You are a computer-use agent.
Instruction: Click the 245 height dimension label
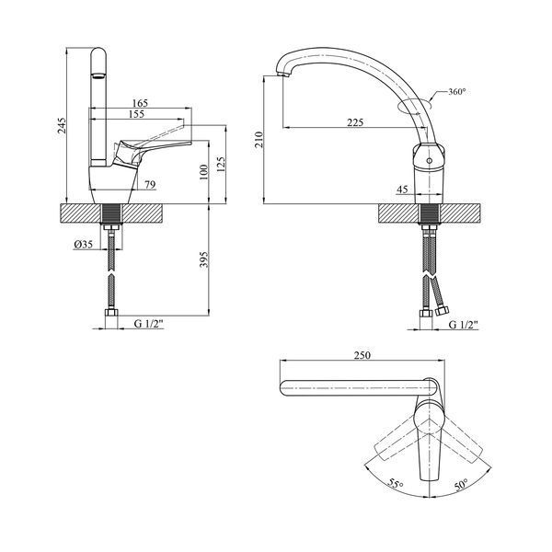(x=62, y=126)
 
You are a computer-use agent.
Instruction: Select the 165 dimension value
(x=140, y=103)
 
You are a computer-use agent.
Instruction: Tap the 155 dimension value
(x=136, y=114)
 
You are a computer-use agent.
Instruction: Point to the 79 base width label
(x=150, y=185)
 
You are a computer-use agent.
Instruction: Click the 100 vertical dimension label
(x=204, y=172)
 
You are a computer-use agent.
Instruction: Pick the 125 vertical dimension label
(x=221, y=165)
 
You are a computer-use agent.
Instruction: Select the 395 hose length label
(x=204, y=259)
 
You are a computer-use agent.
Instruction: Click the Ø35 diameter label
(x=84, y=244)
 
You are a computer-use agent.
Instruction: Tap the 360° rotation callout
(x=457, y=91)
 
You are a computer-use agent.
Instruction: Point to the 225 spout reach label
(x=355, y=122)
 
